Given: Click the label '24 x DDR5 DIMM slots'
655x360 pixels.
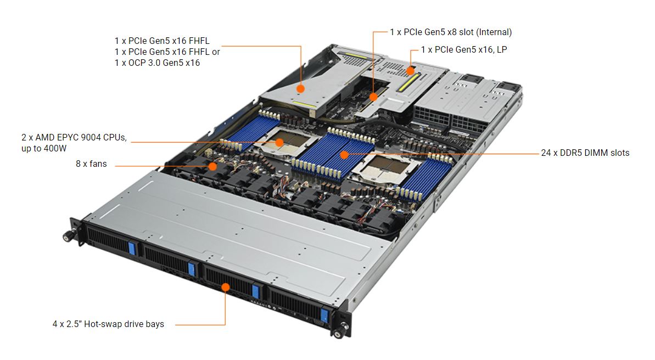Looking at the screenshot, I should click(x=585, y=153).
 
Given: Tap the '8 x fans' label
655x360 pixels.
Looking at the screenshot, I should click(x=92, y=164).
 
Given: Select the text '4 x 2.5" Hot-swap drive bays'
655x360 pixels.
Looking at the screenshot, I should click(x=108, y=324).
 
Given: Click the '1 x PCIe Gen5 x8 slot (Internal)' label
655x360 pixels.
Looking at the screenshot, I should click(x=450, y=32).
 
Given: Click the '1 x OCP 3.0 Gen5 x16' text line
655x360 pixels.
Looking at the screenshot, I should click(x=157, y=63).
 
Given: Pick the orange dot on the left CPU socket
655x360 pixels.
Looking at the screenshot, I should click(x=279, y=142).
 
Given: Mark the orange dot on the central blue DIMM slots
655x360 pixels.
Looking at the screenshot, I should click(x=344, y=155).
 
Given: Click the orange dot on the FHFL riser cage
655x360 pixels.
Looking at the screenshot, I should click(x=301, y=88).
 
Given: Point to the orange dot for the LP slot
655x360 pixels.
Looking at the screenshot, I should click(x=410, y=71).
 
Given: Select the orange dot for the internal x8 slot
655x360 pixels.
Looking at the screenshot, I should click(x=373, y=97).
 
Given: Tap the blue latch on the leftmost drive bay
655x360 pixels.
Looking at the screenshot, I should click(x=132, y=248).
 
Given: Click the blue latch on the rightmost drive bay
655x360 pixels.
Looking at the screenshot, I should click(x=324, y=316).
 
